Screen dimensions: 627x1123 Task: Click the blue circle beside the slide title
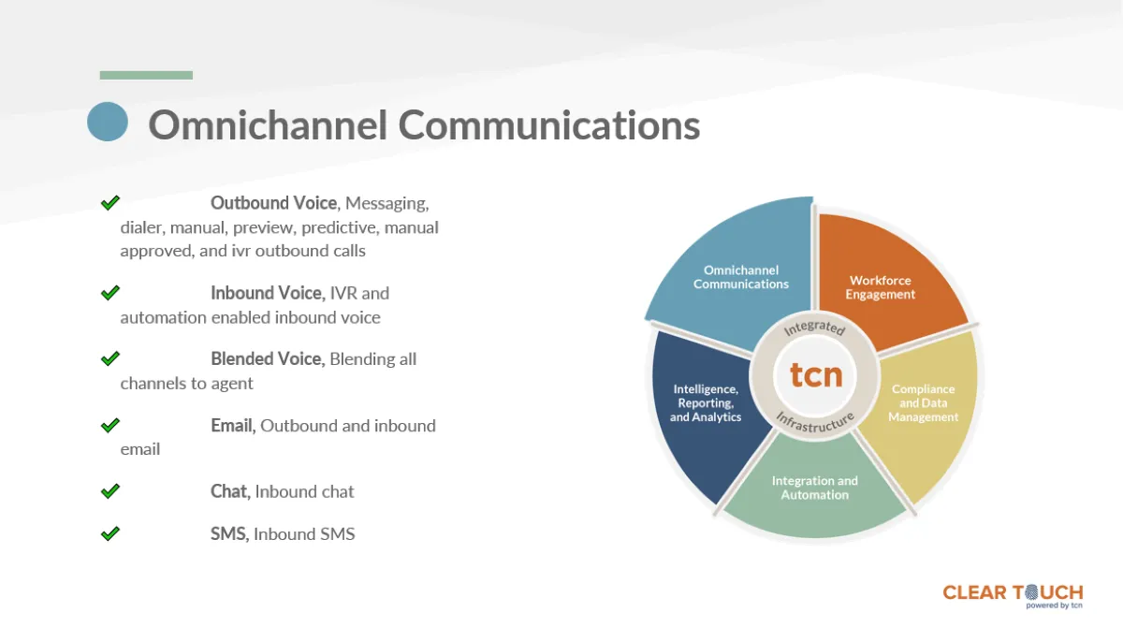pyautogui.click(x=108, y=122)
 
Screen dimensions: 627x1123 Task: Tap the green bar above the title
pyautogui.click(x=146, y=75)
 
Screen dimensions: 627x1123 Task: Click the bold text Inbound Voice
pyautogui.click(x=267, y=293)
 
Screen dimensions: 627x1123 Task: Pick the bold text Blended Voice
pyautogui.click(x=267, y=359)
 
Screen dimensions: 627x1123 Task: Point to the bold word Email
pyautogui.click(x=232, y=426)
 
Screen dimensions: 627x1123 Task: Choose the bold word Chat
pyautogui.click(x=229, y=491)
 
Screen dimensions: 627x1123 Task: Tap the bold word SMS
pyautogui.click(x=229, y=534)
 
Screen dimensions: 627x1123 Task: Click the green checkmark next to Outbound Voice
pyautogui.click(x=110, y=202)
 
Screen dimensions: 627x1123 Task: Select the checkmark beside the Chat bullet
pyautogui.click(x=110, y=490)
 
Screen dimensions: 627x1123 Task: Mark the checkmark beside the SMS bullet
pyautogui.click(x=110, y=533)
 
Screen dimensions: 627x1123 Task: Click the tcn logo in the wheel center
pyautogui.click(x=815, y=374)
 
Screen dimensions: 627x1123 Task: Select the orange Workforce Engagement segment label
pyautogui.click(x=880, y=287)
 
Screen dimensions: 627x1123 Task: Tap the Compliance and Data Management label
pyautogui.click(x=923, y=403)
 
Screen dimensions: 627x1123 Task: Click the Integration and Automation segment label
pyautogui.click(x=814, y=488)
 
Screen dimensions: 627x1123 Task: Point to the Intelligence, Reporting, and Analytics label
pyautogui.click(x=706, y=403)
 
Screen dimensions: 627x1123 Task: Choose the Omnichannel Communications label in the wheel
pyautogui.click(x=741, y=277)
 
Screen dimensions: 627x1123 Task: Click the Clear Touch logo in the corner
pyautogui.click(x=1013, y=594)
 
